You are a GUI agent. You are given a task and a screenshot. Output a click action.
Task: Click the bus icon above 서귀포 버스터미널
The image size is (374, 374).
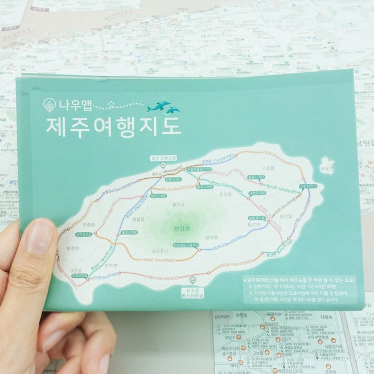coord(193,279)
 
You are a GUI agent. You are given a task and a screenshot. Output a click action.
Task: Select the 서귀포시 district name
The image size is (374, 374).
coord(143,251)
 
